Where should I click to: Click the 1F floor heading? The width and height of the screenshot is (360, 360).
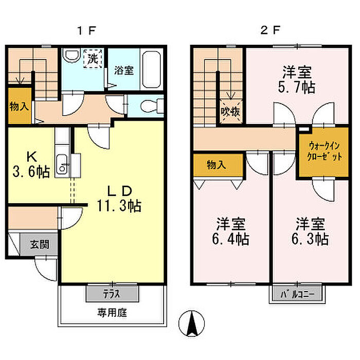pyautogui.click(x=86, y=30)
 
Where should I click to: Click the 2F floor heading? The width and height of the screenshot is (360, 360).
pyautogui.click(x=270, y=30)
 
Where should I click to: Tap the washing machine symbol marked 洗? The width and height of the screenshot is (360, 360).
pyautogui.click(x=93, y=58)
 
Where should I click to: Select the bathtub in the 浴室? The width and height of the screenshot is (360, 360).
pyautogui.click(x=151, y=69)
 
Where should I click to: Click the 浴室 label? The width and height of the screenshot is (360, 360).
pyautogui.click(x=124, y=70)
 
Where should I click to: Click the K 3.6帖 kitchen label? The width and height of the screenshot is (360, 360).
pyautogui.click(x=31, y=165)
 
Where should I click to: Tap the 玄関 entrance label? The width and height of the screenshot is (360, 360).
pyautogui.click(x=40, y=244)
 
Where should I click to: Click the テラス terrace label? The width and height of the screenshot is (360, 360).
pyautogui.click(x=112, y=294)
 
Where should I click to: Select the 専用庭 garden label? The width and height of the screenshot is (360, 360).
pyautogui.click(x=112, y=313)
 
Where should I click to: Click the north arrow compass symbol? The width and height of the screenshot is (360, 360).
pyautogui.click(x=191, y=323)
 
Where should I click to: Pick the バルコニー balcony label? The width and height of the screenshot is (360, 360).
pyautogui.click(x=297, y=294)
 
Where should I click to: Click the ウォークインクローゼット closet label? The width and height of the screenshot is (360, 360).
pyautogui.click(x=324, y=151)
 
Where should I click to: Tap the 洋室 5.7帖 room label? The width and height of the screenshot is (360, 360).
pyautogui.click(x=297, y=80)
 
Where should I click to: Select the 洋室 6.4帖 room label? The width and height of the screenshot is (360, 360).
pyautogui.click(x=230, y=231)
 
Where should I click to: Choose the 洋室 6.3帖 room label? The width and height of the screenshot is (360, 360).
pyautogui.click(x=310, y=231)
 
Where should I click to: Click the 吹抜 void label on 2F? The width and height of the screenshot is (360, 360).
pyautogui.click(x=230, y=112)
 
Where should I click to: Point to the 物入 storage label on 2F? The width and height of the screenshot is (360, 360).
pyautogui.click(x=216, y=165)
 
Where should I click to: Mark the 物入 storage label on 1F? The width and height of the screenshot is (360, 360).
pyautogui.click(x=20, y=106)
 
